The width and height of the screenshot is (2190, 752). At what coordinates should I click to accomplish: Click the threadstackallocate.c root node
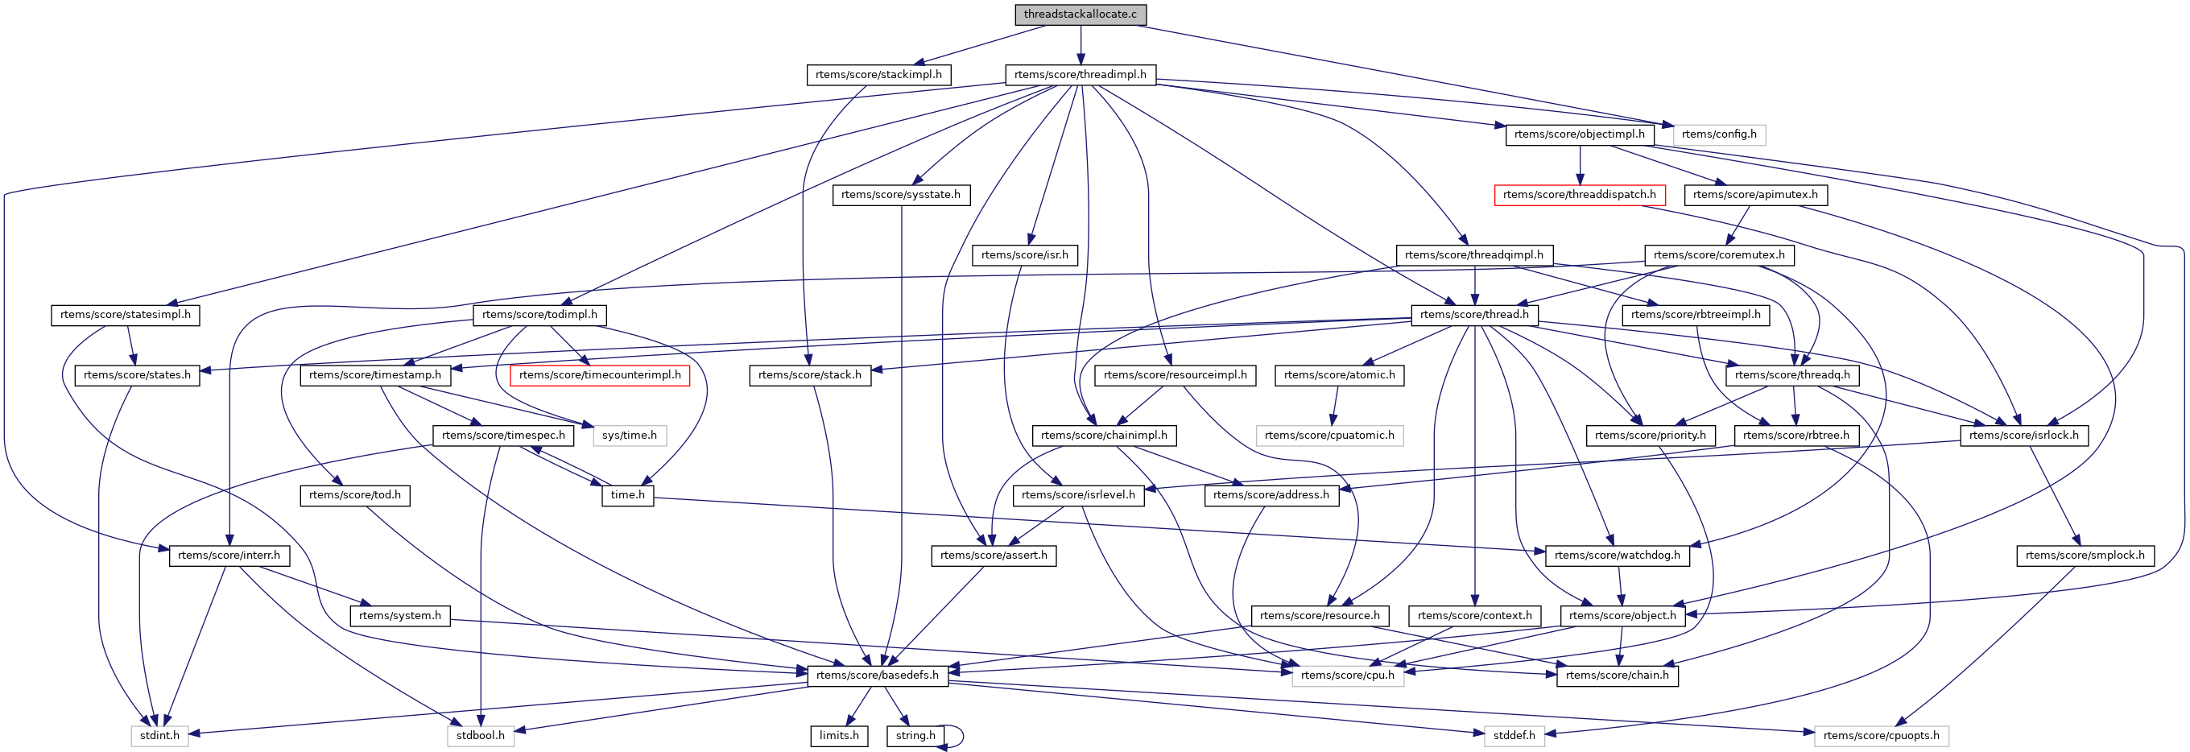[1080, 14]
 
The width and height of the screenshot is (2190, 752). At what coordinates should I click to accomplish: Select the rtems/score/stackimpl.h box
[878, 75]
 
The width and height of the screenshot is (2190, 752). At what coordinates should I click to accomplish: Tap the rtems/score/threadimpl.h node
[1080, 75]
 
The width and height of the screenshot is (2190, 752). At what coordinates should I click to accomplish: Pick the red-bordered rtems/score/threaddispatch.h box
[1579, 195]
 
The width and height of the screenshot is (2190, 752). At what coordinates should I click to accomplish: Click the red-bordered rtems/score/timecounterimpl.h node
[599, 374]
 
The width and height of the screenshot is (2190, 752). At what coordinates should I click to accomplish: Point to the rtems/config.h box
[1718, 134]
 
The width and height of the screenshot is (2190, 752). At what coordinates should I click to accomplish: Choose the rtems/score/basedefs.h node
[878, 676]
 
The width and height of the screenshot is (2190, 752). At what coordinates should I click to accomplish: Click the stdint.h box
[160, 736]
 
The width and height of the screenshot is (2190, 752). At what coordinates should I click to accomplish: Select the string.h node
[915, 736]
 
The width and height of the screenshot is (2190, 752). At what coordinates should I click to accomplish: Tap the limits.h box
[839, 736]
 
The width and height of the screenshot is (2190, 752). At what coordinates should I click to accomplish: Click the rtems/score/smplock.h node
[2085, 556]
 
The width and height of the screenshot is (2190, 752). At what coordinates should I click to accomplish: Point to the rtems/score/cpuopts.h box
[1881, 736]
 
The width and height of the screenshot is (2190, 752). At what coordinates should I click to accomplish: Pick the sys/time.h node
[629, 436]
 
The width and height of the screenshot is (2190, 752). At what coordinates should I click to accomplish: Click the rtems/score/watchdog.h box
[1617, 556]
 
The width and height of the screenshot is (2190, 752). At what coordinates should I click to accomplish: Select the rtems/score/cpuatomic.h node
[1328, 436]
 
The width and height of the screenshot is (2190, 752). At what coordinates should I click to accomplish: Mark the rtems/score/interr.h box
[229, 556]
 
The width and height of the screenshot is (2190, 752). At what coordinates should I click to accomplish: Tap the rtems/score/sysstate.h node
[900, 195]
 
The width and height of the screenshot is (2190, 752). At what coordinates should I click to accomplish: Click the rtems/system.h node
[399, 616]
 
